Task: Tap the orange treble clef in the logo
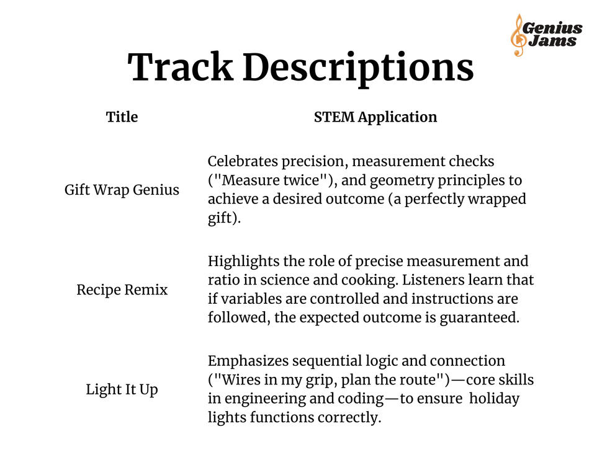[x=517, y=35]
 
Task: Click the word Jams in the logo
[x=552, y=42]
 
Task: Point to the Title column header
[x=122, y=117]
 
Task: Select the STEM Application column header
[x=375, y=117]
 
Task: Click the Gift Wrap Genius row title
[x=122, y=190]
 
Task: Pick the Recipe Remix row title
[x=122, y=290]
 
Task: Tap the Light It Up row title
[x=122, y=390]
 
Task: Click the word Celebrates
[x=243, y=162]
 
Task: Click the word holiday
[x=494, y=398]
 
